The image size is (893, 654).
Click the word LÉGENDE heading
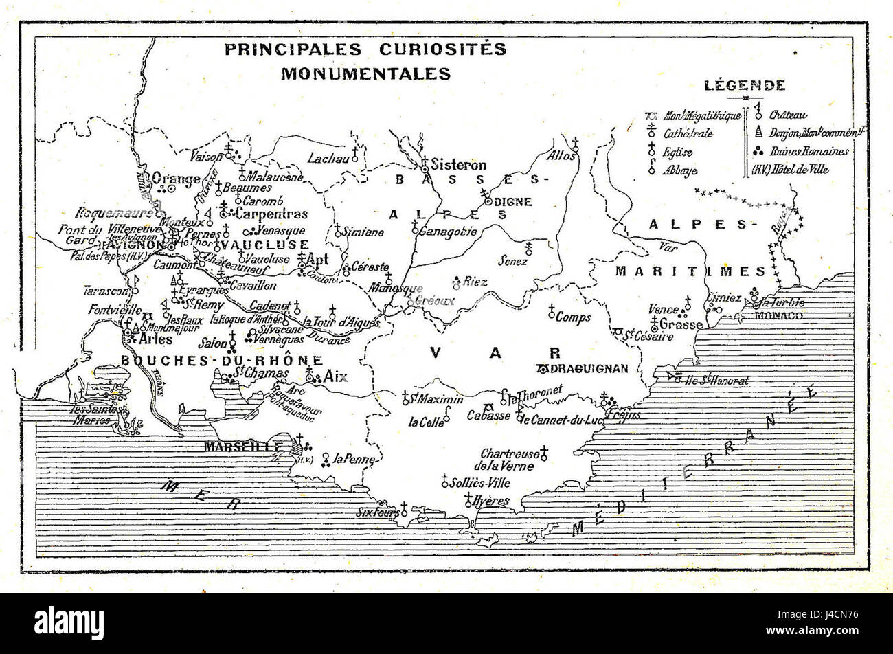click(x=745, y=86)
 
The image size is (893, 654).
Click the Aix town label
click(x=336, y=376)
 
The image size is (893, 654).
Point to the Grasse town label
click(x=681, y=324)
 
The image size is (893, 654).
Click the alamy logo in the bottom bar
click(x=69, y=624)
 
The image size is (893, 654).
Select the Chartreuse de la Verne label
click(x=510, y=460)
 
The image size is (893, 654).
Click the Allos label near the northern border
click(x=561, y=156)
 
